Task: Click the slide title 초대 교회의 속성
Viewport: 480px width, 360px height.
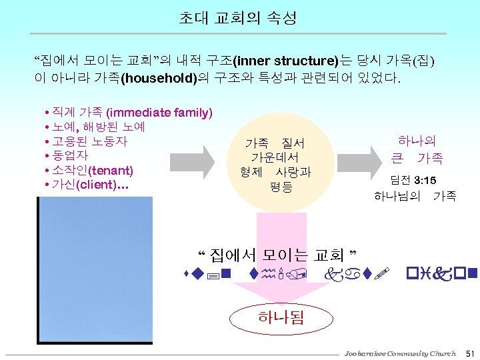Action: coord(239,19)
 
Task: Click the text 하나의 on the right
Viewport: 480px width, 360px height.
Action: coord(417,141)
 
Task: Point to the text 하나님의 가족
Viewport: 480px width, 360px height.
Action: coord(415,196)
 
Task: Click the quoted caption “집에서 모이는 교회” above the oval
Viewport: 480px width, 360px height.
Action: coord(279,255)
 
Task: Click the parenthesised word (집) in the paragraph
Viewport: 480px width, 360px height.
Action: coord(424,61)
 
